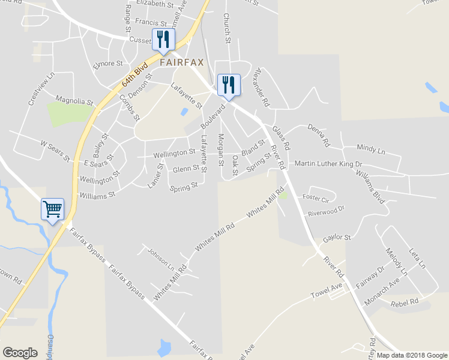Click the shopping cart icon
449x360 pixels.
(52, 210)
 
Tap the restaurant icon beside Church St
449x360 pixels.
(228, 85)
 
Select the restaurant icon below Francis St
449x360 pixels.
(163, 40)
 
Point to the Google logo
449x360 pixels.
(20, 352)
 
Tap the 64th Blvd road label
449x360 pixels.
(134, 76)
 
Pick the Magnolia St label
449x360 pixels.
(74, 100)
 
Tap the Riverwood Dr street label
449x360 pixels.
(327, 210)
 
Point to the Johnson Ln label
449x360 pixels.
(160, 258)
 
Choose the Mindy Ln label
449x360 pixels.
(371, 149)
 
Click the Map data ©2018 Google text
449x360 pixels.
(411, 355)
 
